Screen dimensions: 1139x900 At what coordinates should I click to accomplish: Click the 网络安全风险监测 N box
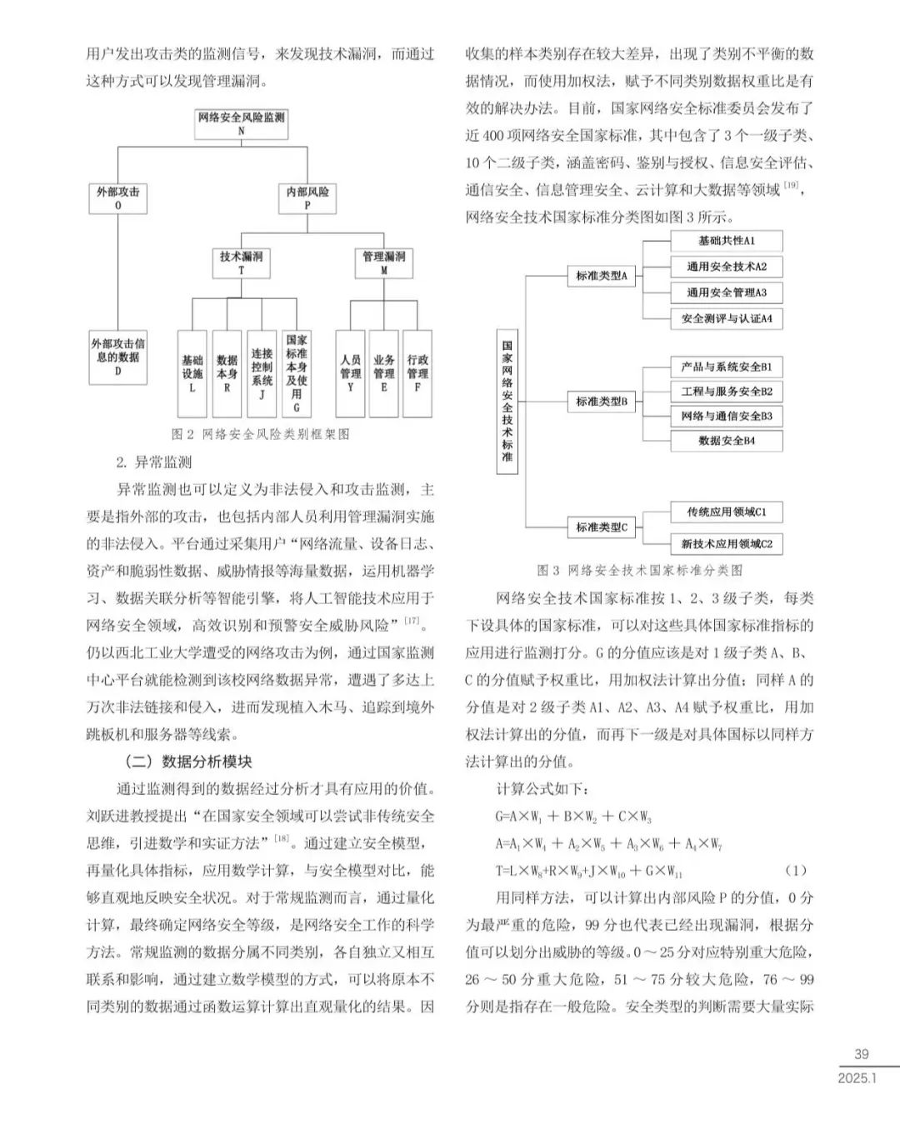coord(241,123)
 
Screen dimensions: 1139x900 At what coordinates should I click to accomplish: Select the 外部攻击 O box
coord(117,197)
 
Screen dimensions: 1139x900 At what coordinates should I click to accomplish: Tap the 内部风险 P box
coord(307,197)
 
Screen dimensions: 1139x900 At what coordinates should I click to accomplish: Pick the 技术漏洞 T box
coord(241,262)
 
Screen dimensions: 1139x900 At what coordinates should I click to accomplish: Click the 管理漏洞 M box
coord(383,262)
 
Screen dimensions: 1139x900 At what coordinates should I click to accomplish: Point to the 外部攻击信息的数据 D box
coord(117,357)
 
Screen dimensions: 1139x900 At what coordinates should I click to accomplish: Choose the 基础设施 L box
coord(192,373)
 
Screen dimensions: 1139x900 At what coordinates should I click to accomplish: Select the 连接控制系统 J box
coord(262,373)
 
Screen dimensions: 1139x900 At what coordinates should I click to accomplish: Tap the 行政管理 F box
coord(417,373)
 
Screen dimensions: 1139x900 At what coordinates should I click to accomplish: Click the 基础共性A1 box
coord(726,241)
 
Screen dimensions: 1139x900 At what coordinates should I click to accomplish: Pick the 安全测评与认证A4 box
coord(726,318)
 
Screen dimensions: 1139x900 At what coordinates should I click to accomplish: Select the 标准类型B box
coord(601,402)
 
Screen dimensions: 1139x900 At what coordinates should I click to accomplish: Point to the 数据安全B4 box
coord(726,441)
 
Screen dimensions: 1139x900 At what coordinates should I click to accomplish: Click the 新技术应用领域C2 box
coord(726,544)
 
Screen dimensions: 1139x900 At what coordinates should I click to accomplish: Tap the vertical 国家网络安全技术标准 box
coord(507,401)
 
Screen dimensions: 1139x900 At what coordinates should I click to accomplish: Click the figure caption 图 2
coord(260,434)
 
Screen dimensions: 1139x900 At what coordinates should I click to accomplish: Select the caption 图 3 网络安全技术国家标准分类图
coord(639,570)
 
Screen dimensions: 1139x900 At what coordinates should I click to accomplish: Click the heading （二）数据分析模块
coord(187,761)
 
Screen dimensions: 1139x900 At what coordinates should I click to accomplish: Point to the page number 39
coord(862,1055)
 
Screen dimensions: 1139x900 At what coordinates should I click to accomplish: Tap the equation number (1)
coord(796,871)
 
